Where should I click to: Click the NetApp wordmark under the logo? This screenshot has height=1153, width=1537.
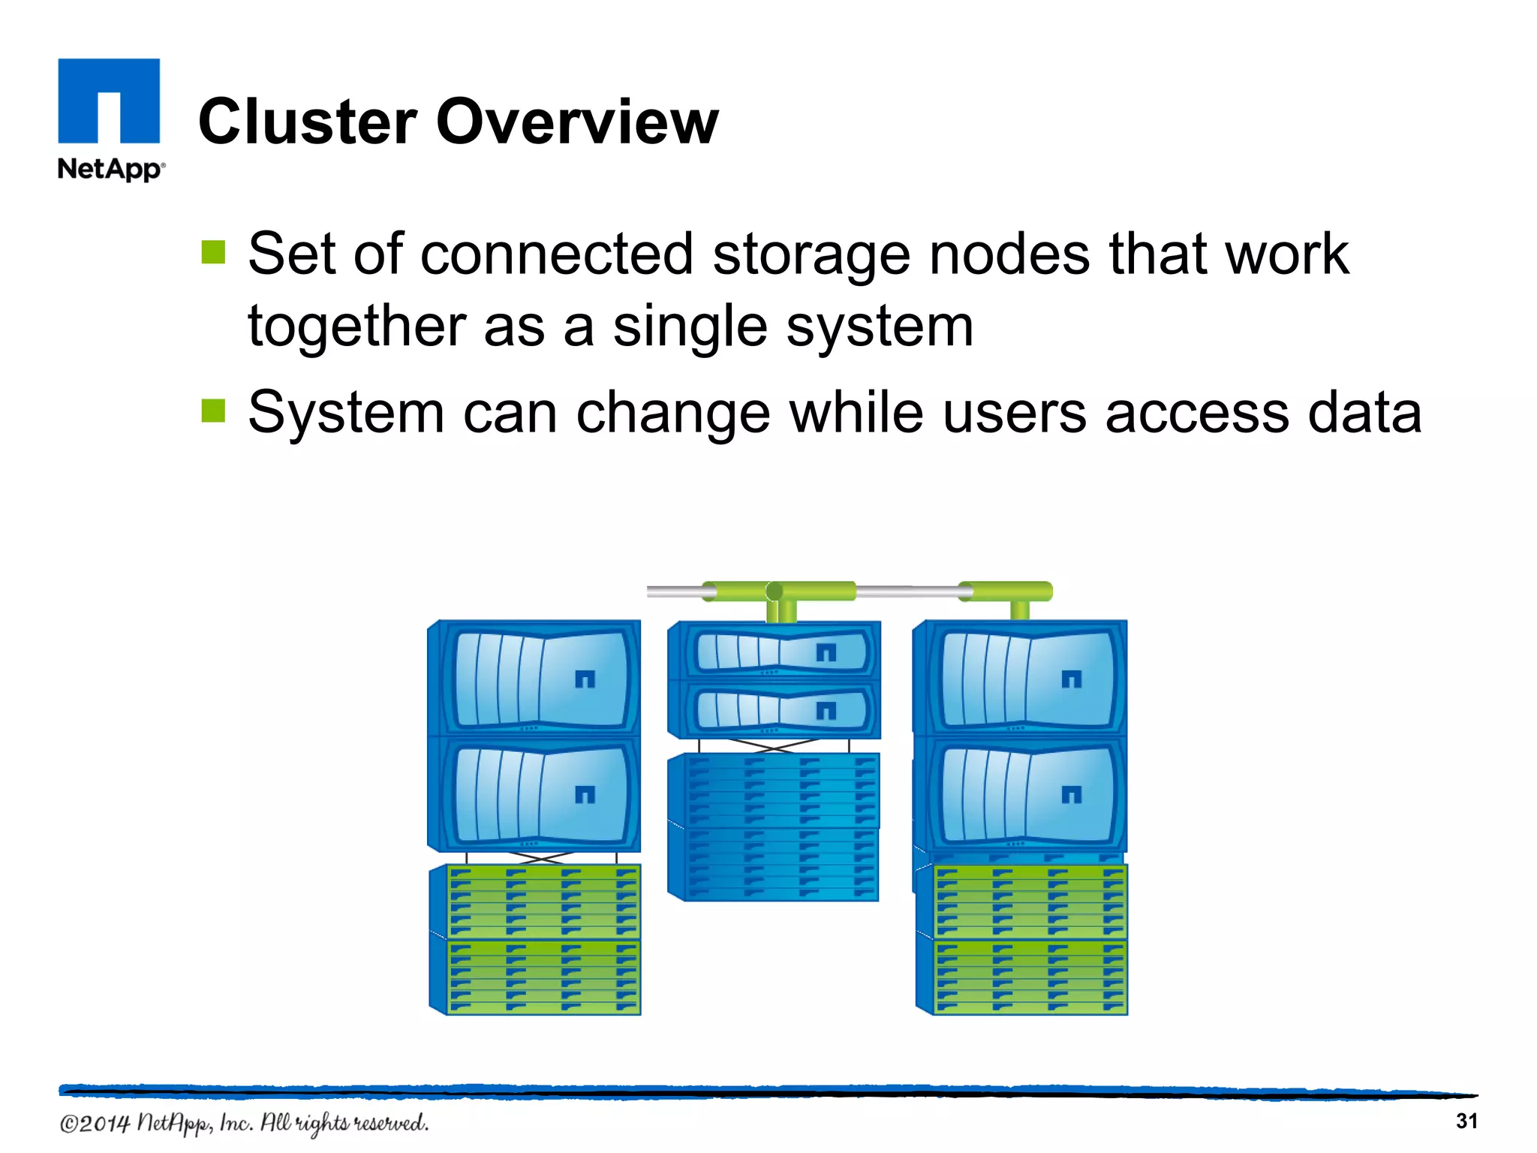point(110,169)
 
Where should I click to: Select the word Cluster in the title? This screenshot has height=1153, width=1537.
point(307,122)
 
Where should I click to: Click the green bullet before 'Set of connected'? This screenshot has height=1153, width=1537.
point(213,253)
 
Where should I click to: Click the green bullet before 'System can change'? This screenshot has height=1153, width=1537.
point(213,411)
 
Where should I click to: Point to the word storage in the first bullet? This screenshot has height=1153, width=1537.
point(811,255)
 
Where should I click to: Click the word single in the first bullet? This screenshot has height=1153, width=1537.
point(689,327)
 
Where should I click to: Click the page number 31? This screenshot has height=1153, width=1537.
point(1466,1121)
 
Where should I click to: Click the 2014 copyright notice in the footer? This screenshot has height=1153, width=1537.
point(244,1123)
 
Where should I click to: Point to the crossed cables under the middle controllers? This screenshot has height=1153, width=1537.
point(773,745)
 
